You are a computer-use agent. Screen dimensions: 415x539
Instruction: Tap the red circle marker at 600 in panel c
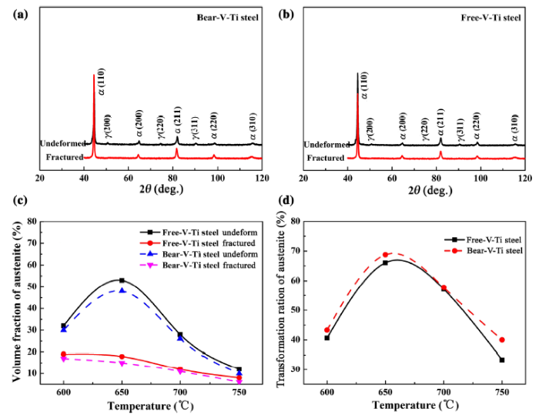(x=64, y=354)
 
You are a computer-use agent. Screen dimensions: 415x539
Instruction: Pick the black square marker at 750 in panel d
(x=502, y=360)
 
